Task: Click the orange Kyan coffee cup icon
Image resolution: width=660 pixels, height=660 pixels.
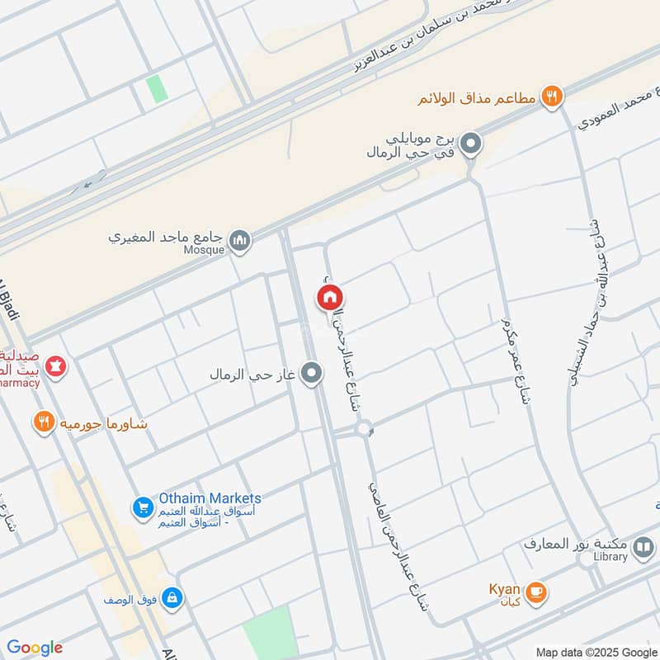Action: coord(536,592)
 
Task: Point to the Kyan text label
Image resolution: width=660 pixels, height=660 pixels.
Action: coord(503,592)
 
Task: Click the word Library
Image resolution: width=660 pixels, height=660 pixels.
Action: coord(610,557)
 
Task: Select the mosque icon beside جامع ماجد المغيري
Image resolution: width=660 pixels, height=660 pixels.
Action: coord(240,240)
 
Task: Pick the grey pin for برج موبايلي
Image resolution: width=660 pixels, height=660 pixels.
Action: coord(471,144)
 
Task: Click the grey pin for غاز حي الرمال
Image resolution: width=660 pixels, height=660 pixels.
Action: coord(311,375)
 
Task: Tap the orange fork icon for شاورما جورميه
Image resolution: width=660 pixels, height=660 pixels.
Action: coord(44,424)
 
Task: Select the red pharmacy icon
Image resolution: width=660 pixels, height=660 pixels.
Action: coord(55,364)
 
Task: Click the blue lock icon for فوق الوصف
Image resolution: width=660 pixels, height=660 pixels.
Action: coord(172,596)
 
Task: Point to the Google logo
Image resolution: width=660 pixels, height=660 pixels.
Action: coord(35,648)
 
